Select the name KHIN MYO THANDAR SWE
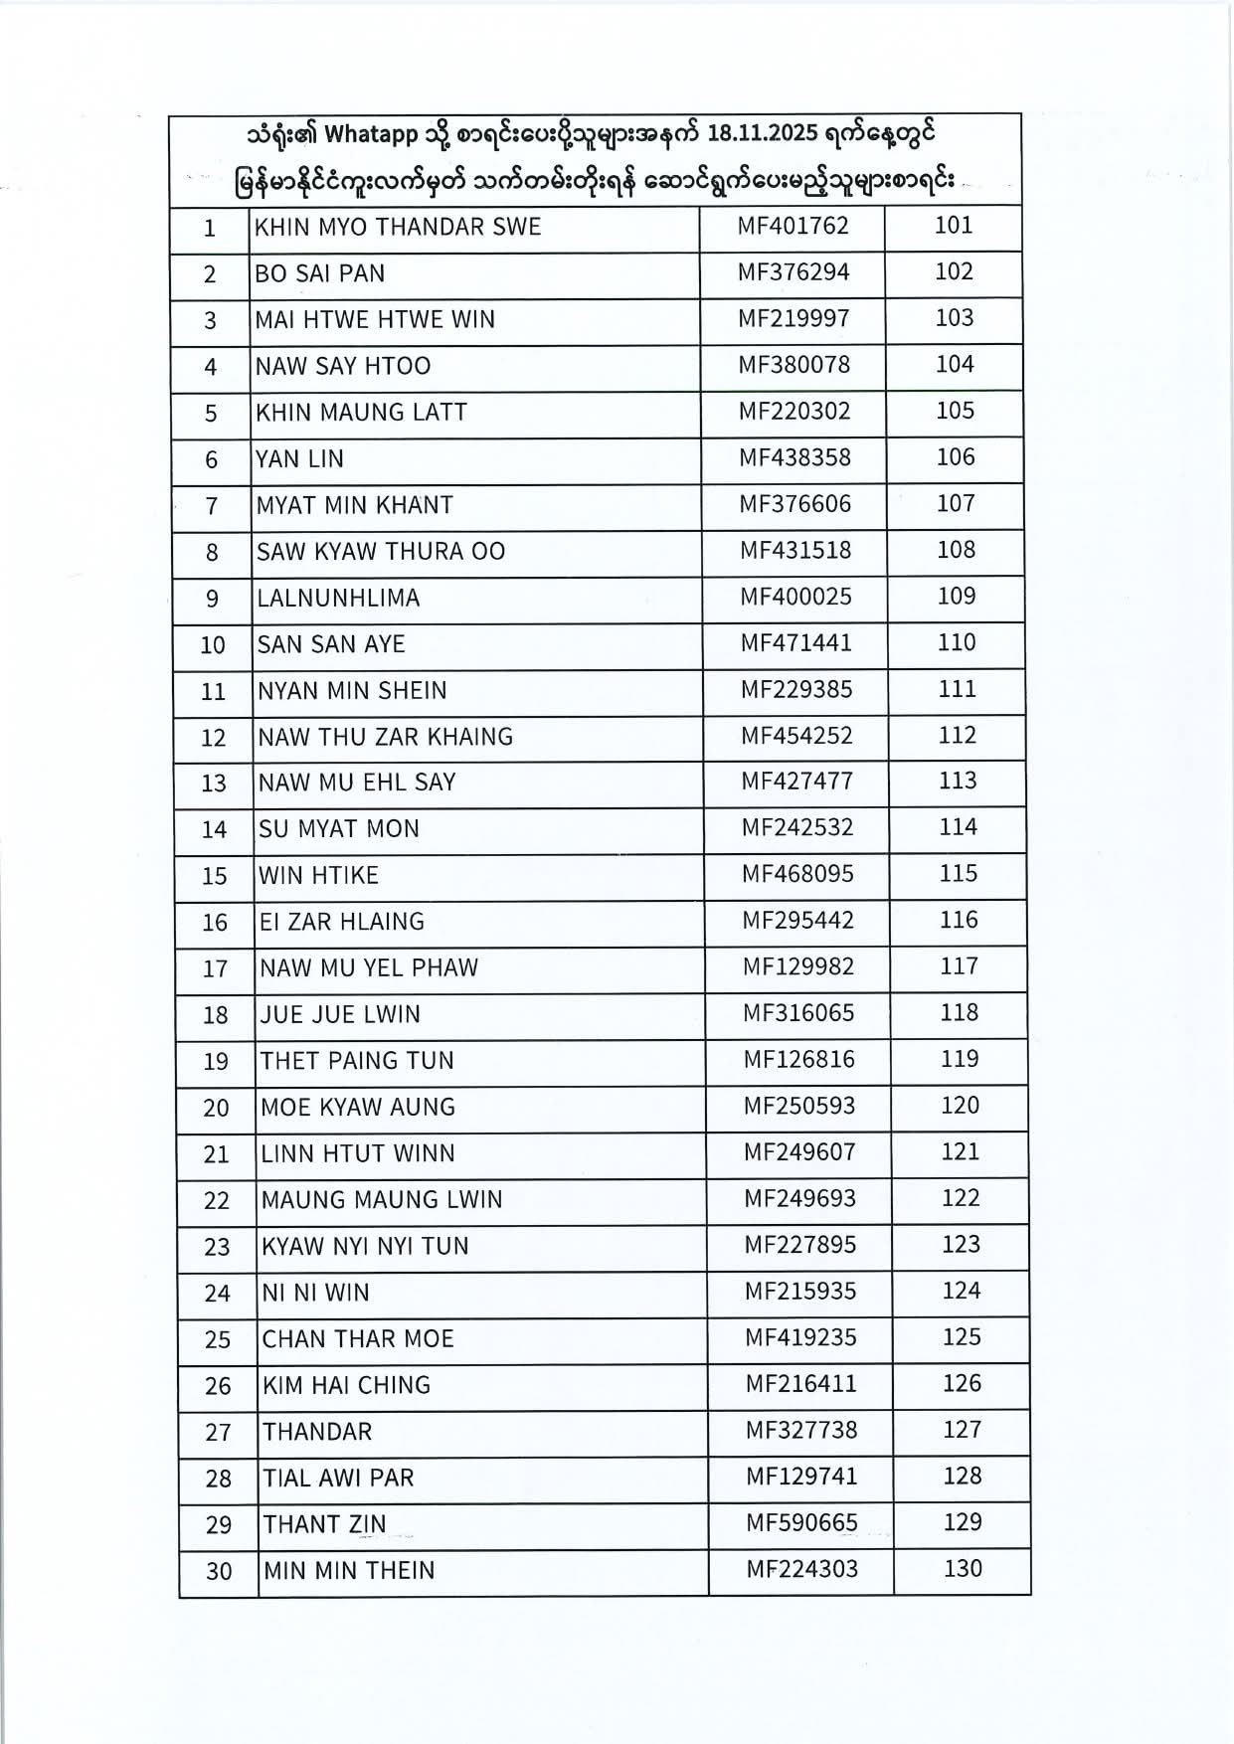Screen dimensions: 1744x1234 tap(398, 227)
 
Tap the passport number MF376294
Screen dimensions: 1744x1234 tap(793, 272)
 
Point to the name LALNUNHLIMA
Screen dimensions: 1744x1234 tap(338, 599)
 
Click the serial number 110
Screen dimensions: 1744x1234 tap(957, 642)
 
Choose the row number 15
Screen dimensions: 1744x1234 tap(215, 876)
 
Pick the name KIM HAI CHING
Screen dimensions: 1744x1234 tap(346, 1385)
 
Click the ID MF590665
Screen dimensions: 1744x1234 tap(801, 1523)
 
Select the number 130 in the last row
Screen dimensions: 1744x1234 tap(963, 1569)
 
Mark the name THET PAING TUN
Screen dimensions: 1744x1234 tap(357, 1061)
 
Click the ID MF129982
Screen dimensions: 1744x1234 tap(798, 966)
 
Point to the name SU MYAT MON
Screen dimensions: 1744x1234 tap(339, 829)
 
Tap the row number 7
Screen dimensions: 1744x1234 tap(211, 506)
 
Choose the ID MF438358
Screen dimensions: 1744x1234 tap(795, 457)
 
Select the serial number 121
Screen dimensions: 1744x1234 tap(961, 1152)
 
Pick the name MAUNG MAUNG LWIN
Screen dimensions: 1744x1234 tap(382, 1200)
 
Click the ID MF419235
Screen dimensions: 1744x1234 tap(800, 1337)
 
